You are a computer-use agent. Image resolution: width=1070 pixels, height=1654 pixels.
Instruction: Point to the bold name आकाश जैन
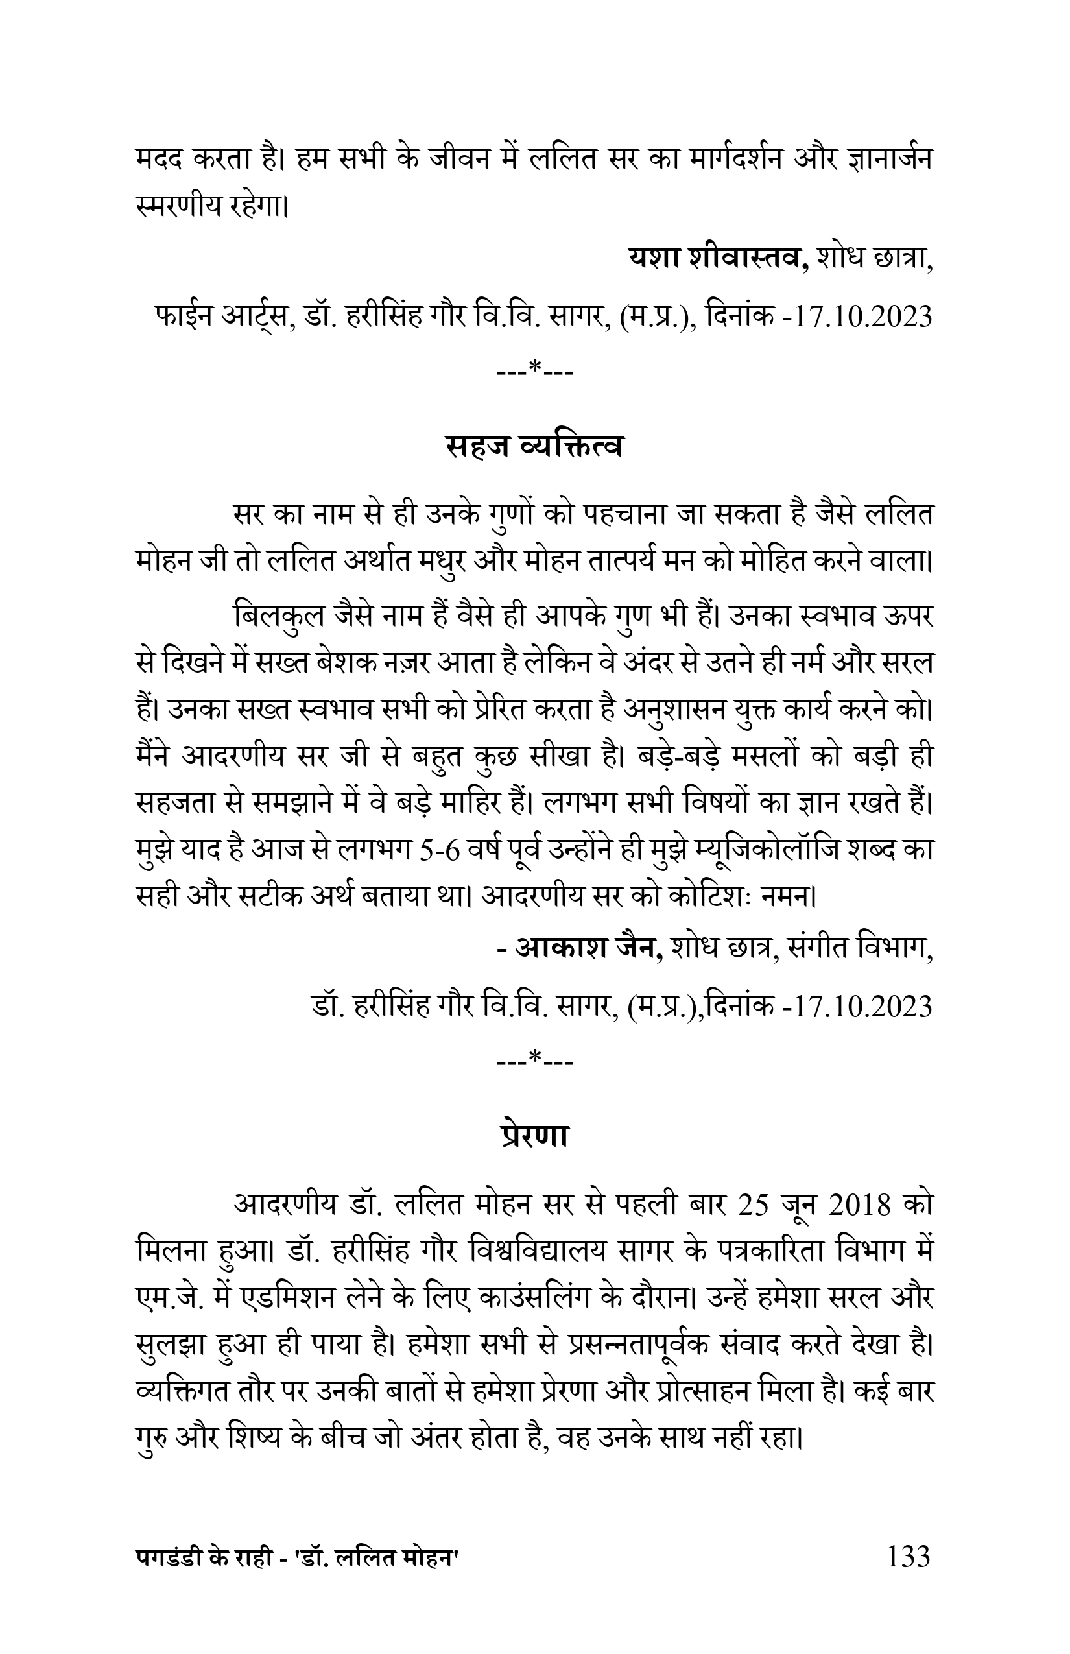coord(589,946)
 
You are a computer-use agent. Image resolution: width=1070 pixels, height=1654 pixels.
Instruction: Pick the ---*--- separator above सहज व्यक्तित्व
coord(534,370)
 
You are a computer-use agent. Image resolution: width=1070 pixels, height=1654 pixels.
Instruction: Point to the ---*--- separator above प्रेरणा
coord(534,1060)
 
